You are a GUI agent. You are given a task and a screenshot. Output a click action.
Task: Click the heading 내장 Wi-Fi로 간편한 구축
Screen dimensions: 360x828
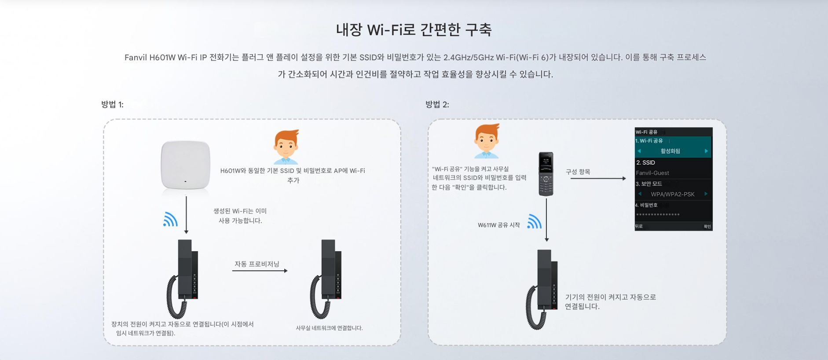414,30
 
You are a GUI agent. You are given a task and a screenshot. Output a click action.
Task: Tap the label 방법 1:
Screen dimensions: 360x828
112,105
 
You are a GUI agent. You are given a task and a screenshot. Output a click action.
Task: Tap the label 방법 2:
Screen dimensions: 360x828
437,105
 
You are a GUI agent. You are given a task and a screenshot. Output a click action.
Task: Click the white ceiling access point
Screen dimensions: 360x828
185,165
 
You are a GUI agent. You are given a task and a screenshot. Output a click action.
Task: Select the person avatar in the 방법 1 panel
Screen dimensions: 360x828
286,147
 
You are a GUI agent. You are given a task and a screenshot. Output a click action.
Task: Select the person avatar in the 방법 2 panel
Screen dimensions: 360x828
487,141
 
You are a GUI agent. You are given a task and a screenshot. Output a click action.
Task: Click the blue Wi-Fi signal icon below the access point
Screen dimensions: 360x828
170,219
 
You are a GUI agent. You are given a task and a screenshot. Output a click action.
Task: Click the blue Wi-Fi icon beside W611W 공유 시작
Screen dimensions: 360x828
534,221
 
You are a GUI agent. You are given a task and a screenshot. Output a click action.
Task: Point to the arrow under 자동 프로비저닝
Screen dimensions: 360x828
260,271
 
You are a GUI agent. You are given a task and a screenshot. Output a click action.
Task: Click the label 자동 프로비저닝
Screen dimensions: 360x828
257,264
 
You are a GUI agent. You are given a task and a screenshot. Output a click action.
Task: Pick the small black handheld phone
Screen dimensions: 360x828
546,174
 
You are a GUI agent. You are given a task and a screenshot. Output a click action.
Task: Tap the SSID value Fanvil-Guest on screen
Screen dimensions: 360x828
652,173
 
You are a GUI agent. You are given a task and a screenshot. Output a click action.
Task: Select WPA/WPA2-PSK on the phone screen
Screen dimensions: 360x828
673,194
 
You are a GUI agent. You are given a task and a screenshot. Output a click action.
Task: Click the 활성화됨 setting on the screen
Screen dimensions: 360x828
670,151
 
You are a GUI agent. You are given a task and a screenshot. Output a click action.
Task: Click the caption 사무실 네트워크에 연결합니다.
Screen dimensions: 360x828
329,328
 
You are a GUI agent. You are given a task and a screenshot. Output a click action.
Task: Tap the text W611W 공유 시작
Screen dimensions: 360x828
499,225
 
